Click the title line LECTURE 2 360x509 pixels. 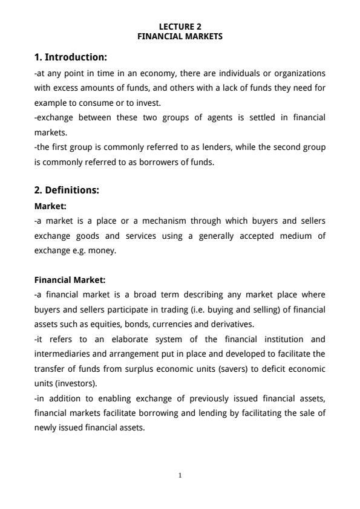tap(180, 27)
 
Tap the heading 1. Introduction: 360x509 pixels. tap(71, 57)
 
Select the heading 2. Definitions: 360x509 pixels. tap(67, 190)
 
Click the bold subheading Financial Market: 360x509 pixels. tap(70, 280)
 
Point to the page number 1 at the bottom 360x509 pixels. tap(180, 475)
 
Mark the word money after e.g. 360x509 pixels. tap(102, 250)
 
